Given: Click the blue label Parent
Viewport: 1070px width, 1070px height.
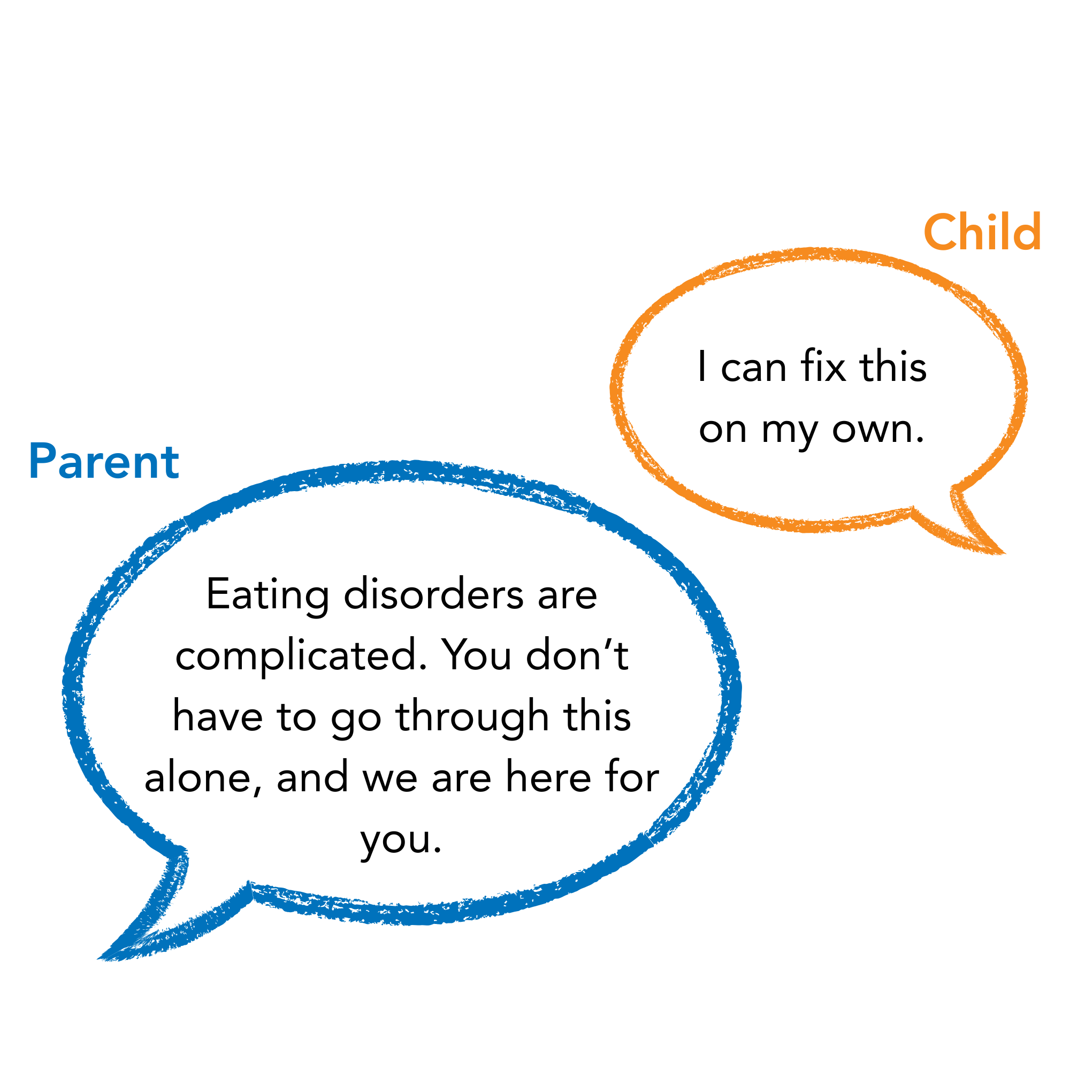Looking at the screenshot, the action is (x=104, y=461).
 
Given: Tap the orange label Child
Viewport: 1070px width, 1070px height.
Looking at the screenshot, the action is (x=982, y=232).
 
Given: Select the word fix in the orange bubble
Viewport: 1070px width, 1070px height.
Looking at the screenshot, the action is (x=823, y=366).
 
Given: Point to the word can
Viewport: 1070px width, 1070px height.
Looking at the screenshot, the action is (x=754, y=369).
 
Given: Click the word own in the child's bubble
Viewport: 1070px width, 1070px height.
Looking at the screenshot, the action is (x=878, y=430).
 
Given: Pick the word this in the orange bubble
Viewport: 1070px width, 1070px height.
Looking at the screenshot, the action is (x=893, y=366).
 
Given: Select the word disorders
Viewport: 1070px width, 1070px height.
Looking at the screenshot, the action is (x=434, y=594).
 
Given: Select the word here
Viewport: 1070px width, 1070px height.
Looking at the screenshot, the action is (x=548, y=776).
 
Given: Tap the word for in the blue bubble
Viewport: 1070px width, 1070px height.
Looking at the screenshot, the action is (x=632, y=776).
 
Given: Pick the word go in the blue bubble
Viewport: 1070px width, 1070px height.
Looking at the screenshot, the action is (x=357, y=722).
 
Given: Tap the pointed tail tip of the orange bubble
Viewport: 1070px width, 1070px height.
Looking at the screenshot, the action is (x=1004, y=553).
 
